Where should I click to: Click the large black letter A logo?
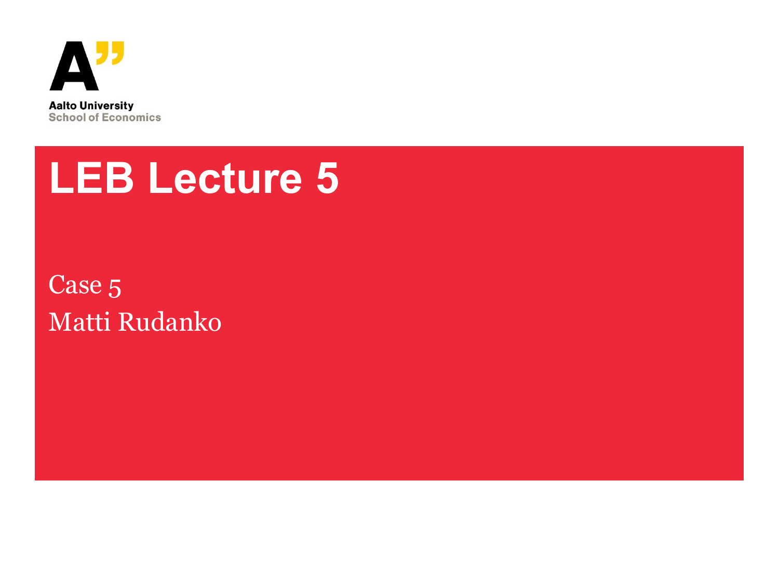tap(74, 66)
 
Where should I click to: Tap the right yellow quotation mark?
tap(118, 53)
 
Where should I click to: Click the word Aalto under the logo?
tap(63, 106)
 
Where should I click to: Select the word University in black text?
tap(107, 106)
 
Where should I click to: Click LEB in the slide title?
tap(91, 178)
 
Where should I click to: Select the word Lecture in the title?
tap(226, 178)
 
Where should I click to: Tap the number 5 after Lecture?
tap(327, 178)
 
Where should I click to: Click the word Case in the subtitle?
tap(75, 284)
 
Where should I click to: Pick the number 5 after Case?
tap(115, 288)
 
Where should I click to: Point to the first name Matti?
tap(79, 322)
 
